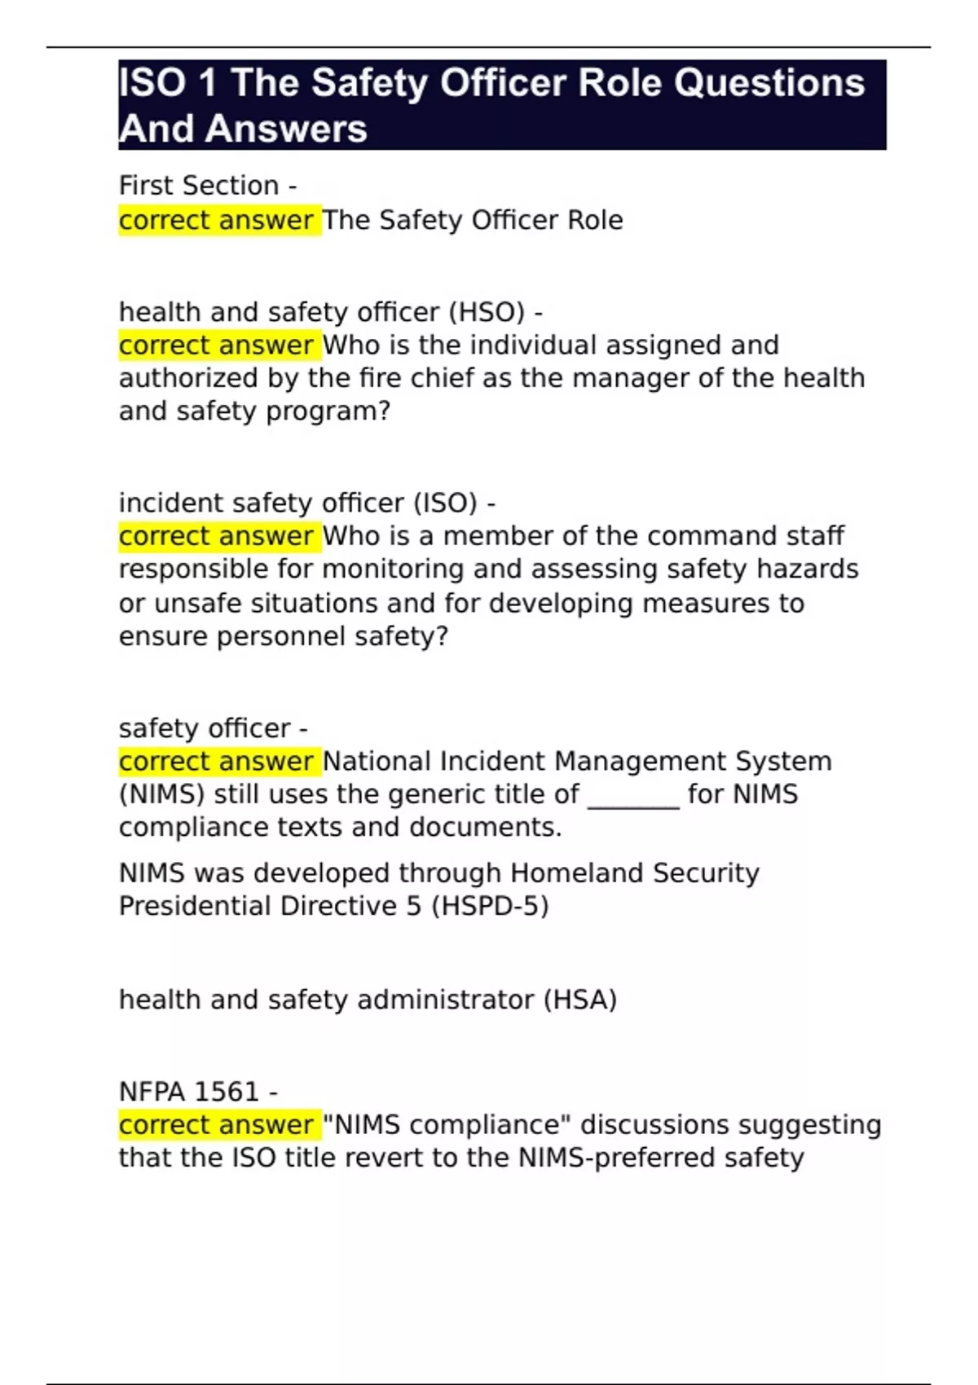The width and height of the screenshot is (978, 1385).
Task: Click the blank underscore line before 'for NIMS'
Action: tap(633, 795)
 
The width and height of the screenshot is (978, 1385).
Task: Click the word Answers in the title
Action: tap(286, 129)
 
